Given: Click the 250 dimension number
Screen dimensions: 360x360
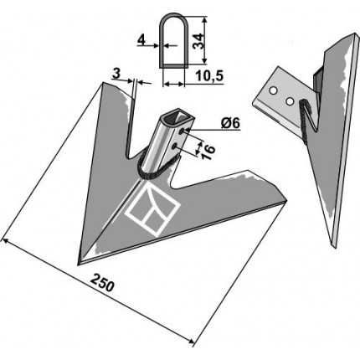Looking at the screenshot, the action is pyautogui.click(x=102, y=283).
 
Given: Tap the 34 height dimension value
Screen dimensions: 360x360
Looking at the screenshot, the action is pyautogui.click(x=198, y=41).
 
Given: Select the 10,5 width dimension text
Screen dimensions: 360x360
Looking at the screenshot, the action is pyautogui.click(x=209, y=76).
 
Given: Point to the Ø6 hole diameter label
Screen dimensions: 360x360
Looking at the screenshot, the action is pyautogui.click(x=231, y=124).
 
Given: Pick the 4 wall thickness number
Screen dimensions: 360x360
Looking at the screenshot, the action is pyautogui.click(x=141, y=41).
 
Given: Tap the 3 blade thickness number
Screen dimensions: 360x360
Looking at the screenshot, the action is pyautogui.click(x=116, y=74).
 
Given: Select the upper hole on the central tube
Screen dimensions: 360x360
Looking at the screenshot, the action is pyautogui.click(x=183, y=131).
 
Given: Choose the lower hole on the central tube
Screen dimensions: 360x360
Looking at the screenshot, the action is pyautogui.click(x=175, y=146).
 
